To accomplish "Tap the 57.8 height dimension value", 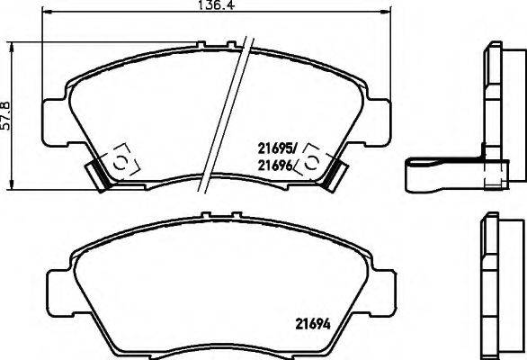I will point(5,114).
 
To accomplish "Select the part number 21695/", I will point(279,146).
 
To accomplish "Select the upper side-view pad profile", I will point(494,99).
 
